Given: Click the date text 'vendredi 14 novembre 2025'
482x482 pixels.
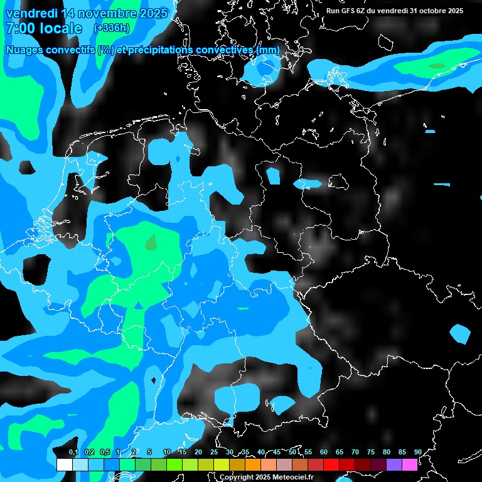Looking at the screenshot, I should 87,13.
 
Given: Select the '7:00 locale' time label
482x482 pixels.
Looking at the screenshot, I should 43,28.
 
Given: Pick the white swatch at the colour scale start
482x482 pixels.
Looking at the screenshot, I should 64,464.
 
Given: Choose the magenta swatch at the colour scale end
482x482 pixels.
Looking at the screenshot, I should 410,464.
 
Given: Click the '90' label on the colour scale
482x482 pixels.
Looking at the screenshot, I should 418,452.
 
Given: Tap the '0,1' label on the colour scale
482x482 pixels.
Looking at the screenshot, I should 73,452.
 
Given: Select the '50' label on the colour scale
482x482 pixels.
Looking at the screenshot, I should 292,452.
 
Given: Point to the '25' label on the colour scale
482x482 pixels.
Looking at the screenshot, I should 214,452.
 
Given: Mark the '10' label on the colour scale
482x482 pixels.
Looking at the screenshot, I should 167,452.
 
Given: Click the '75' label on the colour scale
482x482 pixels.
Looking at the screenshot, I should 371,452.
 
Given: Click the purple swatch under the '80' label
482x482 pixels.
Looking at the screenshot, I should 394,464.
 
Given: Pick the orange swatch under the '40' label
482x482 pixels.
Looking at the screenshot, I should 252,464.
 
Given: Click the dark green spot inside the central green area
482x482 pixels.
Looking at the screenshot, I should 151,242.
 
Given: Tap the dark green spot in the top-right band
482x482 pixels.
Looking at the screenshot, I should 437,65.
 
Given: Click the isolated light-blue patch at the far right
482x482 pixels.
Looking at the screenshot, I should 460,333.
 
